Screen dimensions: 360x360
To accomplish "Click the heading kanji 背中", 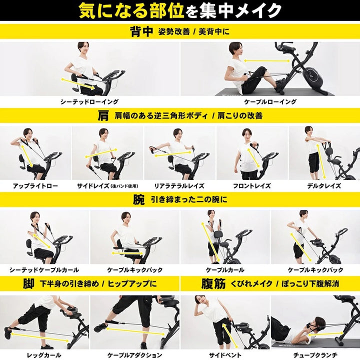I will [141, 31].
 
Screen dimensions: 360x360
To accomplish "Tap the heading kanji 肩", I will [103, 115].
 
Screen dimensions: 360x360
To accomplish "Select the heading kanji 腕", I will [138, 200].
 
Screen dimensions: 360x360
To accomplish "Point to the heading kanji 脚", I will [28, 284].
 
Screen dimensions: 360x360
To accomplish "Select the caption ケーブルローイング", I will [269, 101].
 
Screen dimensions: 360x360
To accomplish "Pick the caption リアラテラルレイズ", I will [180, 185].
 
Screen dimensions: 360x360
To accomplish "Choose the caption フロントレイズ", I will [252, 185].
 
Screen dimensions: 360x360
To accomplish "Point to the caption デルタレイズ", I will [324, 185].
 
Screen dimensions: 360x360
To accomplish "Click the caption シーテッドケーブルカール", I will [44, 270].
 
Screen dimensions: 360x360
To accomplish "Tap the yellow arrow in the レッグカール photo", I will [40, 334].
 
